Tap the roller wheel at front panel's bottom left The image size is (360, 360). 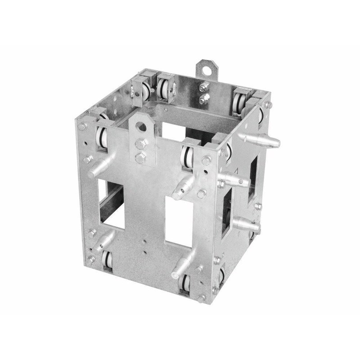[x=108, y=261]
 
